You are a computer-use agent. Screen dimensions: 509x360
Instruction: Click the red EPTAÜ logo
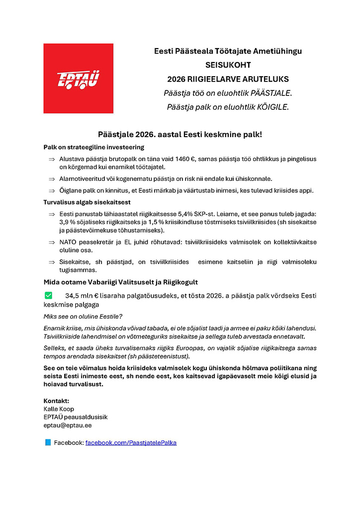pos(78,78)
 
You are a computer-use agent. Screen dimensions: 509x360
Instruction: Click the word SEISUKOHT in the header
pos(228,65)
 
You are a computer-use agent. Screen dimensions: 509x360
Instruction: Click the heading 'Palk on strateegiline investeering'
pos(93,147)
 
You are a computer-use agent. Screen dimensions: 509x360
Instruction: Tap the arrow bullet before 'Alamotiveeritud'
pos(51,179)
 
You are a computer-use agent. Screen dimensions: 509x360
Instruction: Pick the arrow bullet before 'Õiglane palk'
pos(51,191)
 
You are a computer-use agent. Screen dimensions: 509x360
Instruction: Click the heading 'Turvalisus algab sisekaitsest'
pos(87,202)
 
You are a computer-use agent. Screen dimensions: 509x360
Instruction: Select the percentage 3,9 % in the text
pos(67,222)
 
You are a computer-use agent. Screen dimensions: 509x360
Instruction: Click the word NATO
pos(68,243)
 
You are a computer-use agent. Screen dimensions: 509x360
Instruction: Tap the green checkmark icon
pos(48,295)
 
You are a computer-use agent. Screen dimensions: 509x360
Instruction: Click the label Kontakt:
pos(56,401)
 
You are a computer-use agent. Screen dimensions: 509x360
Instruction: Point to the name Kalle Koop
pos(59,409)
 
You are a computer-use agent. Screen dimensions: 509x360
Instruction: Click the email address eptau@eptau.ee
pos(68,425)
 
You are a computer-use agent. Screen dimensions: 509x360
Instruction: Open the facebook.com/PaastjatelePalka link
pos(131,442)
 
